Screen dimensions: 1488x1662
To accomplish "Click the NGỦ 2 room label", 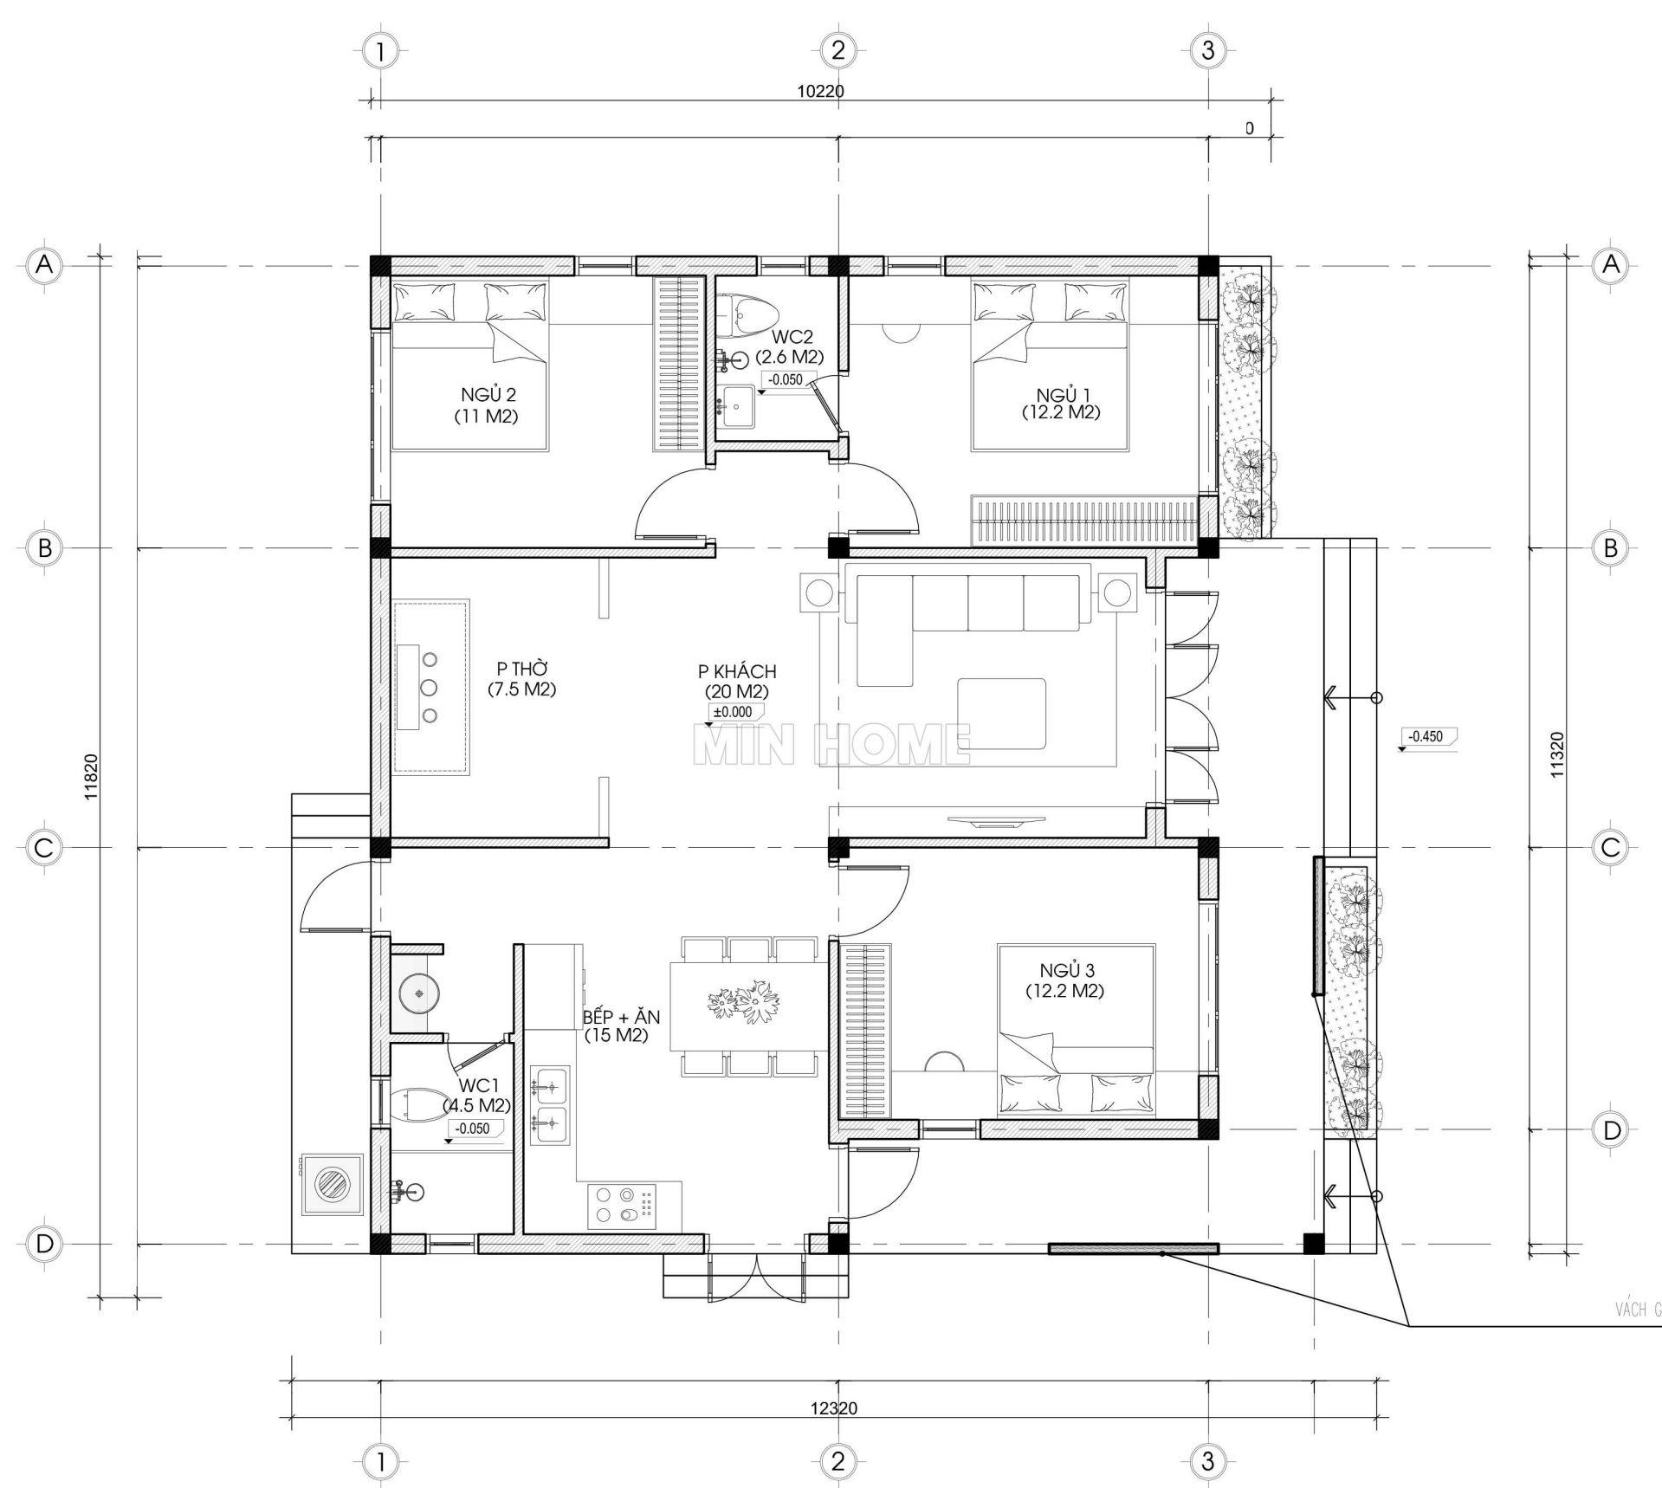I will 488,405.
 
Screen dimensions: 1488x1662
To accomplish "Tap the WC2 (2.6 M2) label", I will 788,346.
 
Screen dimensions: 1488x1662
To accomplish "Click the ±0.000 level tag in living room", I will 733,712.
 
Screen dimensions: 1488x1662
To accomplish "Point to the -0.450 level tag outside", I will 1426,736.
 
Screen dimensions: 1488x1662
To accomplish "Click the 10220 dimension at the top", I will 819,91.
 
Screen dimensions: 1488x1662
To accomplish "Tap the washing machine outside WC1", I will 331,1185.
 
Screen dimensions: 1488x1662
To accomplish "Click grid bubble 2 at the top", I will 837,50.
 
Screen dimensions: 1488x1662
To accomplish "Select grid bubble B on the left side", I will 43,547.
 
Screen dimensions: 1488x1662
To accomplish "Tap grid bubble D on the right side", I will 1610,1129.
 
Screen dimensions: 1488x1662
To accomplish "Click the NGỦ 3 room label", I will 1064,980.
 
